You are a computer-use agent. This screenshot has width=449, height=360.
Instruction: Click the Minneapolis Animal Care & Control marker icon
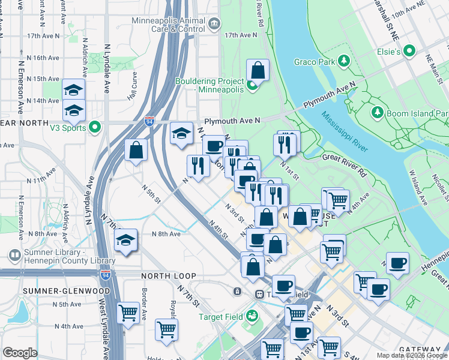tap(215, 24)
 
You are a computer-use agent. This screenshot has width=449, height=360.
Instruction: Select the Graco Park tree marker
tap(344, 61)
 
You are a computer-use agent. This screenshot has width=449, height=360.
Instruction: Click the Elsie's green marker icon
tap(410, 52)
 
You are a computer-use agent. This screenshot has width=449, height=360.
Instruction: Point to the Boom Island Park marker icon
tap(378, 112)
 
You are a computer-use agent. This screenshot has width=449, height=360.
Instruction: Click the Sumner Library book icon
tap(14, 256)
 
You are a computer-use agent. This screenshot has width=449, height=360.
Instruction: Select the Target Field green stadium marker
tap(253, 314)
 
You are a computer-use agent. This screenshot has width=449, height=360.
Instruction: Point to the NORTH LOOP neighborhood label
tap(169, 276)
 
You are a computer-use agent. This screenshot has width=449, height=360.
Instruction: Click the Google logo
tap(20, 353)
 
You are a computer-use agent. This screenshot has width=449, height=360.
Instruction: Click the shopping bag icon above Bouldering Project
tap(258, 70)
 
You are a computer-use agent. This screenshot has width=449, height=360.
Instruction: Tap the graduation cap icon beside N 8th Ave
tap(125, 240)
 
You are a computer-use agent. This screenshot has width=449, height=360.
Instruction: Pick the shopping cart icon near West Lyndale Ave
tap(128, 312)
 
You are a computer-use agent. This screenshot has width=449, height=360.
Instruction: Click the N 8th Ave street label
tap(166, 234)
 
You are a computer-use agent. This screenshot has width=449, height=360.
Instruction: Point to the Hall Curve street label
tap(132, 91)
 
